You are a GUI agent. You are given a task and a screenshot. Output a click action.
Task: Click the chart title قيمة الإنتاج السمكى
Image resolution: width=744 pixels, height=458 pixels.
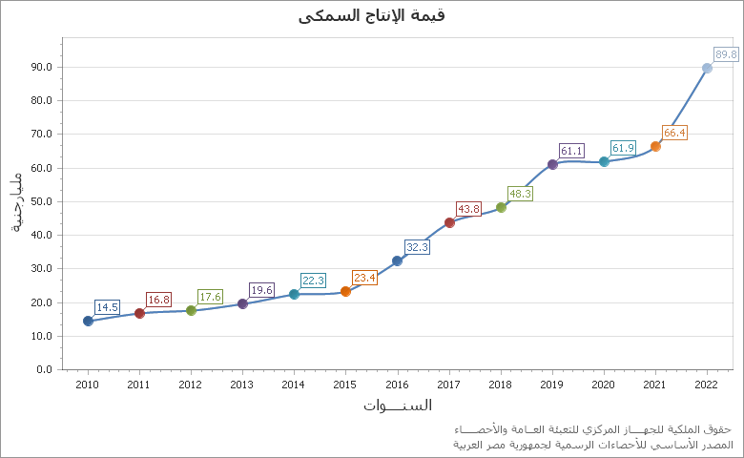(372, 15)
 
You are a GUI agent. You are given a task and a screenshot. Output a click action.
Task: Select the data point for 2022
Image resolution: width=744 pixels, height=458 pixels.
(707, 68)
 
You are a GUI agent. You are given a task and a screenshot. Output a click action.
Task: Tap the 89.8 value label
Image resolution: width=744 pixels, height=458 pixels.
(726, 54)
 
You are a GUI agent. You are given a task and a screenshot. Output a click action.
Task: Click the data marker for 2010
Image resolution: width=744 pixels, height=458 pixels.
(88, 321)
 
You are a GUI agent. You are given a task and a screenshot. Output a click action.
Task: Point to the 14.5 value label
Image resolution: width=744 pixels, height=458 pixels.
(107, 307)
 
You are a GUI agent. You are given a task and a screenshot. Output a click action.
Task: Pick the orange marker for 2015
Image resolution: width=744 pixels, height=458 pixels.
(345, 291)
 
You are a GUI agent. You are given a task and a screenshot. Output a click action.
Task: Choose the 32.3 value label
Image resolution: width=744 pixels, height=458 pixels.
(417, 247)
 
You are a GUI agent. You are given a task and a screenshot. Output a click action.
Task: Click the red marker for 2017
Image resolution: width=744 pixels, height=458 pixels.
(449, 222)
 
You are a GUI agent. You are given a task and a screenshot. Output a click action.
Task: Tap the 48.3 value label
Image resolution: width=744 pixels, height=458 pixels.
(520, 194)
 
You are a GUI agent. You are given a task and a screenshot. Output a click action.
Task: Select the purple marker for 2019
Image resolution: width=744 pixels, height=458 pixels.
(552, 164)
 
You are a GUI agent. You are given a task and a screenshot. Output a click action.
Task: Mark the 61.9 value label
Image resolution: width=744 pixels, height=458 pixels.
(623, 148)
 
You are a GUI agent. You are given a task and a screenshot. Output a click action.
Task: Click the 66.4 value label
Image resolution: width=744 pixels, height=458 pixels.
(674, 133)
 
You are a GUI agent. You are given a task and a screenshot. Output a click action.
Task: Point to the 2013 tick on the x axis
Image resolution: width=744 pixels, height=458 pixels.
(242, 385)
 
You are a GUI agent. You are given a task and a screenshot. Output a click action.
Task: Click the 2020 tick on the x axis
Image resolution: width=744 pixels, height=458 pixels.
(603, 385)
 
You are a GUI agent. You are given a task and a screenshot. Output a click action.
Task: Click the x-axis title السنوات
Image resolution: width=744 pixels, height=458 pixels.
(397, 406)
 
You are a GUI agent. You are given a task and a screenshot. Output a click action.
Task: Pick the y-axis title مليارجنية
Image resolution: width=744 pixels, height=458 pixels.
(16, 203)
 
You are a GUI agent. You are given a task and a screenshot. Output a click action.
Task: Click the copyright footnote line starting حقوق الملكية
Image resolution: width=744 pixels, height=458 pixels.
(594, 429)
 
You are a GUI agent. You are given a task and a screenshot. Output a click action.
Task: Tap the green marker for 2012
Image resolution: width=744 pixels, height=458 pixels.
(191, 310)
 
